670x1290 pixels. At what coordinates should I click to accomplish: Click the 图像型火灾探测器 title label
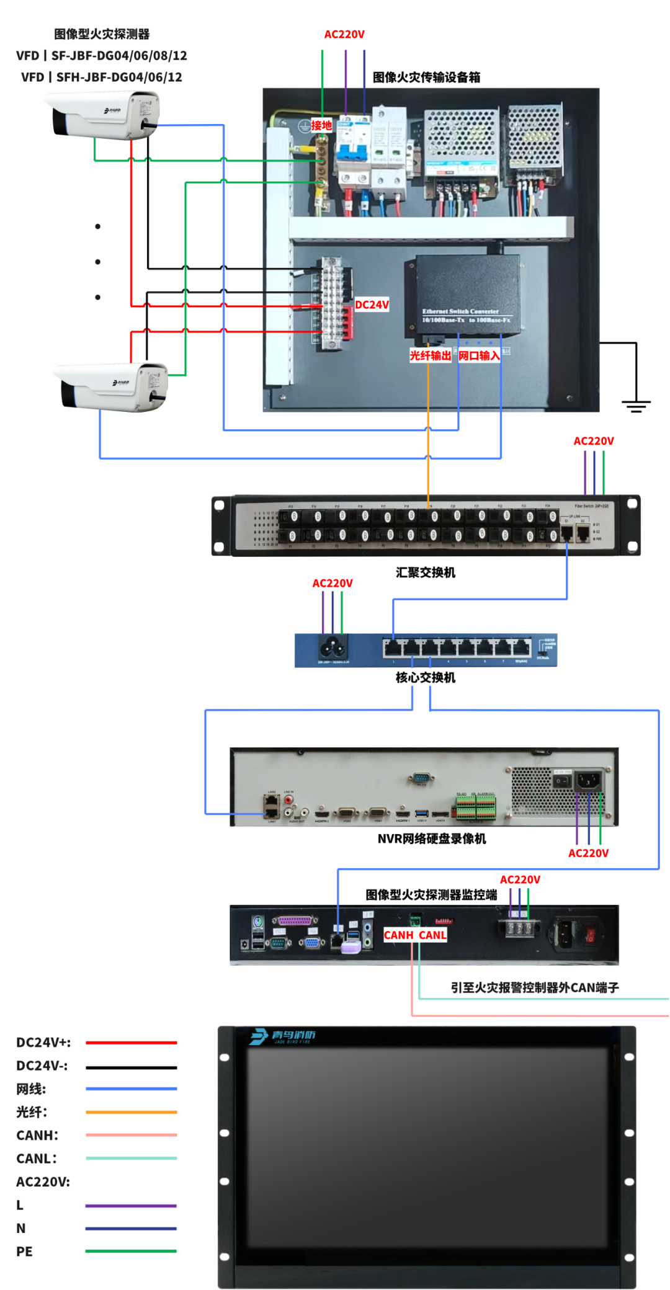[102, 33]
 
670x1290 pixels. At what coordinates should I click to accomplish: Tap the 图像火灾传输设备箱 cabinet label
[426, 77]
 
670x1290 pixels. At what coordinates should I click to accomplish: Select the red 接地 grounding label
[321, 125]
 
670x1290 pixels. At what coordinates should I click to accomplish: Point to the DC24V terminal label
[372, 305]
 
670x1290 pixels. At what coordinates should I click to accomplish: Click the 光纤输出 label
[430, 355]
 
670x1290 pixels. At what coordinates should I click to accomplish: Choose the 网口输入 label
[479, 355]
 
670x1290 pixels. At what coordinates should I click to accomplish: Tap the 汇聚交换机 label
[426, 572]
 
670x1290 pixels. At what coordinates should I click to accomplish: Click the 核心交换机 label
[426, 677]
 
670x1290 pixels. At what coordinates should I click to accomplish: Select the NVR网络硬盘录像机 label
[432, 838]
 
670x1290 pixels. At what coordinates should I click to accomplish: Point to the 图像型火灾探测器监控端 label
[431, 894]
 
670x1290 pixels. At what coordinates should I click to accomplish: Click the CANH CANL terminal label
[415, 935]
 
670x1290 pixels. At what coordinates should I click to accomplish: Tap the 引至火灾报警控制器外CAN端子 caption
[535, 987]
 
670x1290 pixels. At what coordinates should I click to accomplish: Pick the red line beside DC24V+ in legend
[132, 1043]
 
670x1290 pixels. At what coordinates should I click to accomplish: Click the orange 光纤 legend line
[132, 1112]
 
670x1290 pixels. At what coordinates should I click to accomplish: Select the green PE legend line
[131, 1251]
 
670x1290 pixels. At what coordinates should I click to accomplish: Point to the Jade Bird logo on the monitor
[283, 1036]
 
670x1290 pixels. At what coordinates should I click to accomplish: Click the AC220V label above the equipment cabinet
[344, 34]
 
